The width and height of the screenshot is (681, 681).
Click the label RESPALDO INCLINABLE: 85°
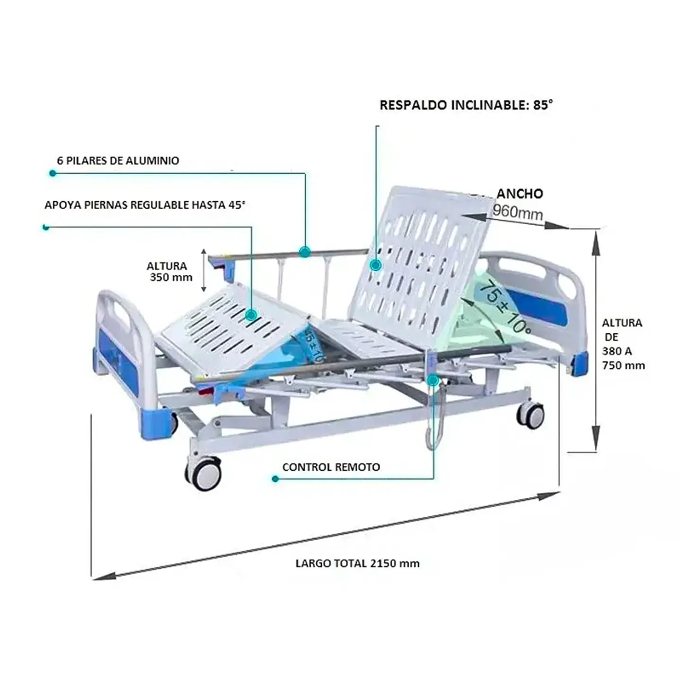click(x=466, y=105)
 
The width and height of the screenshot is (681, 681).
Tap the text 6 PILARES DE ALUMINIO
click(x=118, y=160)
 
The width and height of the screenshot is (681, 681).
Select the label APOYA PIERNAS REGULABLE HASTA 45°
click(x=145, y=205)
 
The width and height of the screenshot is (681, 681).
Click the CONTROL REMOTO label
click(x=331, y=467)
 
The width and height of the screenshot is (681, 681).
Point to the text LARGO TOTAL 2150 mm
click(x=357, y=563)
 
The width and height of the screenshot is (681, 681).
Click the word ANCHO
click(x=519, y=193)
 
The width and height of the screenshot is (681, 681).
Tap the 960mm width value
click(x=517, y=212)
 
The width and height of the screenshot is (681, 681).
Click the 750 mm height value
click(x=623, y=365)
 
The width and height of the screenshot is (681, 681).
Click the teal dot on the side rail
click(x=305, y=252)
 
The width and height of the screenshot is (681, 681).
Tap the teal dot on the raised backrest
click(x=376, y=265)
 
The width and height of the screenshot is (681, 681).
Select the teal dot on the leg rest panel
click(x=252, y=315)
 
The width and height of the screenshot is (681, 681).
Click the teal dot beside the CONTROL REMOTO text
click(x=275, y=479)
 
